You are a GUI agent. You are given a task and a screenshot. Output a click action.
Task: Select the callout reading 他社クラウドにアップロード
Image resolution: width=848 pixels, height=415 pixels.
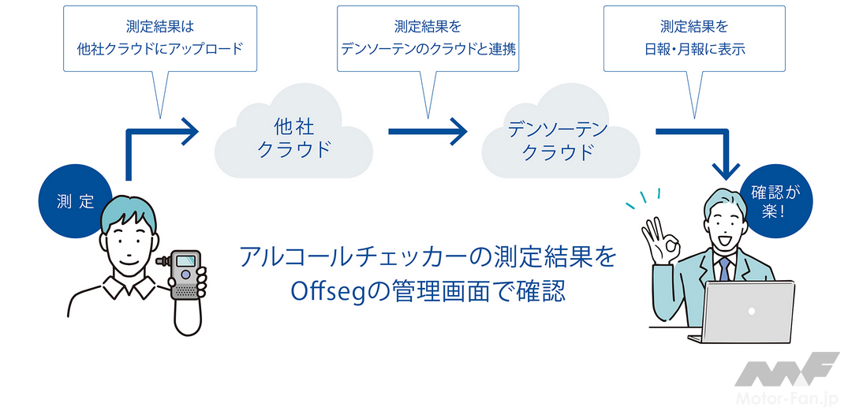[x=162, y=39]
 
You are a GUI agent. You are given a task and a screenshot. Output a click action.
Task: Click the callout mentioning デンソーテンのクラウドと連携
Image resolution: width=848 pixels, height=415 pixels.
[x=428, y=39]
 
